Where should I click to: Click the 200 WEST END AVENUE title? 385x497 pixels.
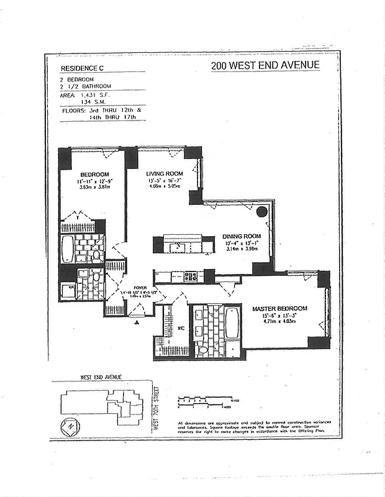point(265,66)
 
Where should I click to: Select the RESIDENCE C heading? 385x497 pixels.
point(83,69)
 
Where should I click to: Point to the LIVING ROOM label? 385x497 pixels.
point(164,173)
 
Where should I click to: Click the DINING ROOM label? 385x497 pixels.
point(241,237)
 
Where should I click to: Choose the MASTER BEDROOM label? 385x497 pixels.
point(279,308)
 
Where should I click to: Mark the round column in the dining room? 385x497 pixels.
point(261,211)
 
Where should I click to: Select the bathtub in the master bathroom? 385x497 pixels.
point(232,323)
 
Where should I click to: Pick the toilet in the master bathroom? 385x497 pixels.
point(202,350)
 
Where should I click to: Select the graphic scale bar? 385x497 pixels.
point(205,401)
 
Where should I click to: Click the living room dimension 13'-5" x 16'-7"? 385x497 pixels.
point(164,181)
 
